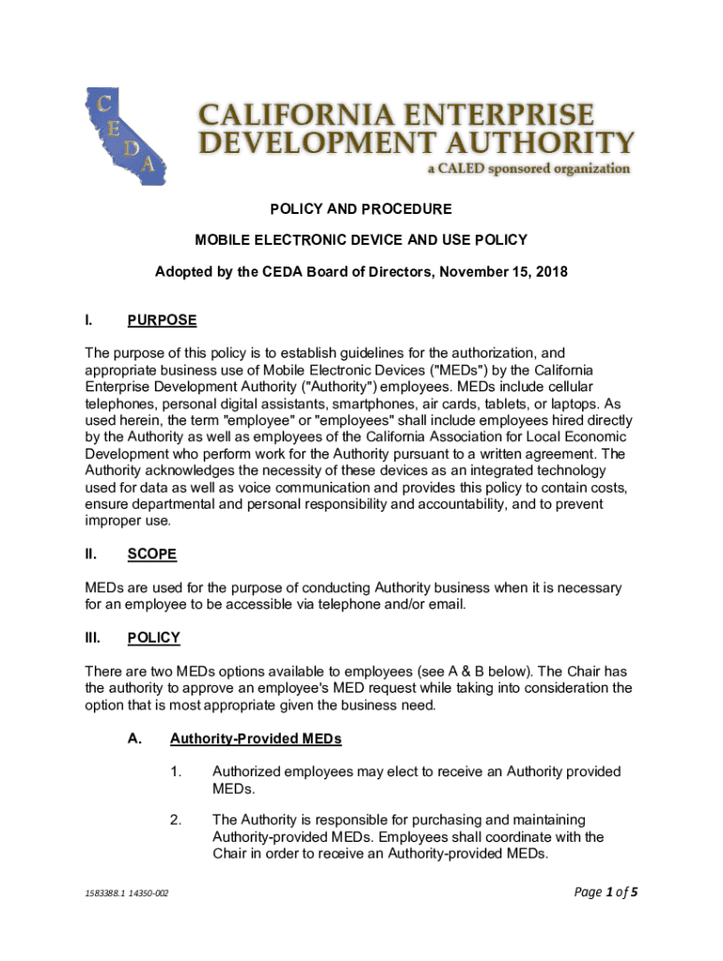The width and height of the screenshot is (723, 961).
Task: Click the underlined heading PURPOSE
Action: coord(162,320)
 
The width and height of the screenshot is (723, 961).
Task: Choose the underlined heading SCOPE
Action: coord(151,554)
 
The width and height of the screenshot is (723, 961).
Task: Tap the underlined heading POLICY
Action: coord(153,637)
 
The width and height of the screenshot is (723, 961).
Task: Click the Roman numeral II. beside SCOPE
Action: coord(91,554)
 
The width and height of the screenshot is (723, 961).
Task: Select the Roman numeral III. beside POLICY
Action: coord(93,637)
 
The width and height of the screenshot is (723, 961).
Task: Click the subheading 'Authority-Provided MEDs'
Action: coord(255,739)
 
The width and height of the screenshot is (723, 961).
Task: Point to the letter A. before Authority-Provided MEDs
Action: coord(134,739)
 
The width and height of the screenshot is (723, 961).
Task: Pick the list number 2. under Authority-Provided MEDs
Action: coord(176,819)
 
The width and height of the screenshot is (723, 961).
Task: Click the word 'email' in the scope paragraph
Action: coord(445,604)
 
